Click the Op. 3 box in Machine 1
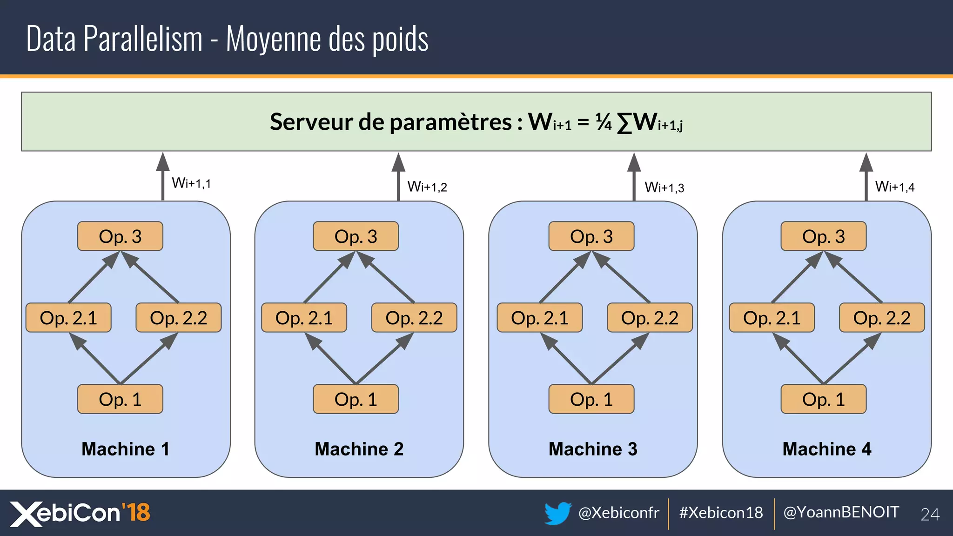[x=120, y=236]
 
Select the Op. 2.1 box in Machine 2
[x=304, y=318]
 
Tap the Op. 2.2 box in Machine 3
[x=650, y=318]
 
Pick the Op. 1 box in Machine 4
[x=823, y=399]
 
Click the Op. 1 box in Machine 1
[x=120, y=399]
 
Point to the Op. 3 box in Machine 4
[x=823, y=236]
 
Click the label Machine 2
[x=359, y=449]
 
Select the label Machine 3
[x=593, y=449]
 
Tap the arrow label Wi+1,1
[x=191, y=183]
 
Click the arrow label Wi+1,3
[x=664, y=188]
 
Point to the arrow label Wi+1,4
[x=894, y=187]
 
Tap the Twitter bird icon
[x=557, y=513]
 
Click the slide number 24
[x=930, y=514]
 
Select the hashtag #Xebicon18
[x=721, y=513]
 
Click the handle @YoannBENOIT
[x=841, y=512]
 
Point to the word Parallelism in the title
[x=143, y=39]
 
